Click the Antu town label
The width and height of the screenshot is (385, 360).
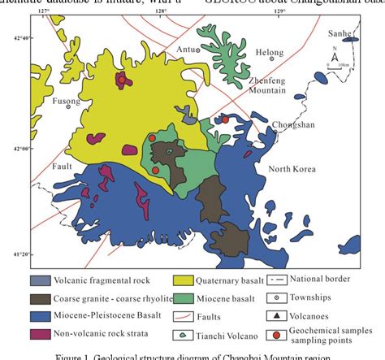(x=187, y=50)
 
